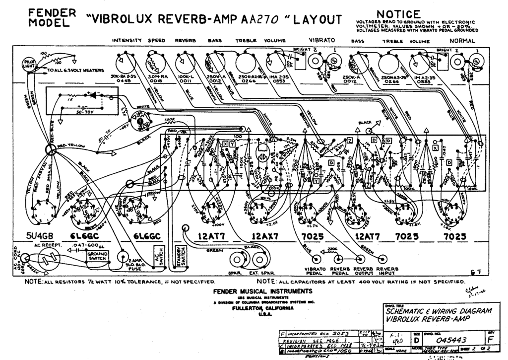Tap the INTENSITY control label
127,40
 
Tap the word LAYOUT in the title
317,19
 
